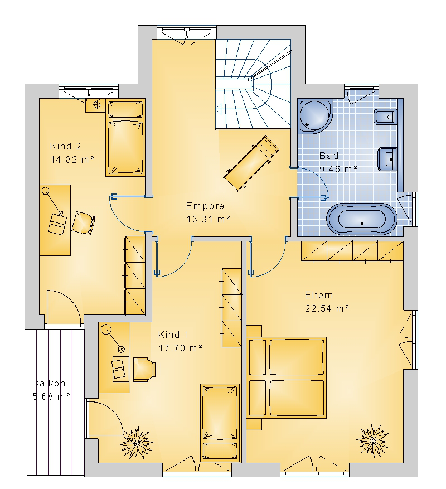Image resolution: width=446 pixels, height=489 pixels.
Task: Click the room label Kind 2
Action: (x=65, y=146)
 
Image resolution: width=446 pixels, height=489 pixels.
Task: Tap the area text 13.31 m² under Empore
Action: (x=209, y=219)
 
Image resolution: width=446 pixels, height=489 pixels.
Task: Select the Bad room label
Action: (x=329, y=156)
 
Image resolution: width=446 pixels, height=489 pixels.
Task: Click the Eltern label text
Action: (x=319, y=295)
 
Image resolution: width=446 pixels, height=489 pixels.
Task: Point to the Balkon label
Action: (x=49, y=383)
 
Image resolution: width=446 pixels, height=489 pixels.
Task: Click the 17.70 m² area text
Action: (x=181, y=348)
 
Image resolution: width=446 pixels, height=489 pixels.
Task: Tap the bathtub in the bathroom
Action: (x=362, y=219)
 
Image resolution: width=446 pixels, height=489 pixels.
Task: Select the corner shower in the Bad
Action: (x=315, y=117)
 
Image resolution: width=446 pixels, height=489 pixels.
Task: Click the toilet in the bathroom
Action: (x=385, y=117)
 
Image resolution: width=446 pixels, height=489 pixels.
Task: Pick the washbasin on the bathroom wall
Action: (x=387, y=159)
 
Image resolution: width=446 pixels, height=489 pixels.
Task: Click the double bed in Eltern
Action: (x=287, y=377)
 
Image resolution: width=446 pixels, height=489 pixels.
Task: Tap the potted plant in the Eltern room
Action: (x=372, y=440)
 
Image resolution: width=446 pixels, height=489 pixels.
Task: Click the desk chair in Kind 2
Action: (x=83, y=223)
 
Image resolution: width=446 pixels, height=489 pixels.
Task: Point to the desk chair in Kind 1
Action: (x=144, y=370)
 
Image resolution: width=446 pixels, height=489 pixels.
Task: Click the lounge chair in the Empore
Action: (x=251, y=163)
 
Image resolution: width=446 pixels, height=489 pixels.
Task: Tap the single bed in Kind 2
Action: (x=125, y=138)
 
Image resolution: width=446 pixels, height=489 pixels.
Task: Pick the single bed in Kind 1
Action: (x=220, y=423)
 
